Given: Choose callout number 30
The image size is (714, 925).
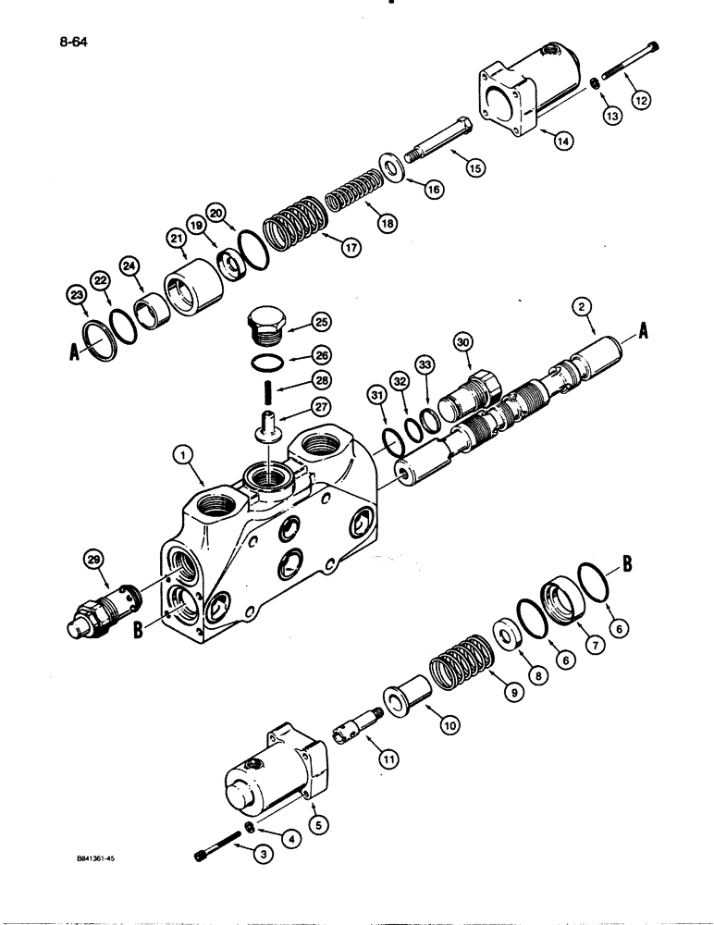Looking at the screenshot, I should [x=462, y=343].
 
